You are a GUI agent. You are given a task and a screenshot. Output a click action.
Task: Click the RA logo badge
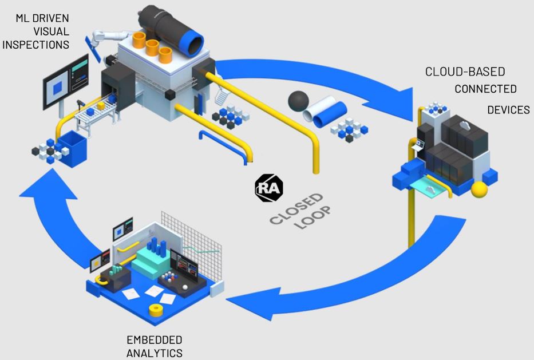pos(268,188)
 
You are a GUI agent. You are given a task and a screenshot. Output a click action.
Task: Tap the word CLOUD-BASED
pos(465,72)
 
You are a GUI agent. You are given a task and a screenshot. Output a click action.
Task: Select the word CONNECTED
pos(485,89)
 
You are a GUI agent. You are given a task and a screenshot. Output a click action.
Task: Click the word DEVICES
pos(508,110)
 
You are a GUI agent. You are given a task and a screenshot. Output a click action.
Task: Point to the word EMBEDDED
pos(155,340)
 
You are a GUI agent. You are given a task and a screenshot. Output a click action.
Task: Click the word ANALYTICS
pos(155,353)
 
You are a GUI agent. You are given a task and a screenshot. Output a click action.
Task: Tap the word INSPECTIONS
pos(35,44)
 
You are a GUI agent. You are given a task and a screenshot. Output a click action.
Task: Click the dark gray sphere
pos(299,101)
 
